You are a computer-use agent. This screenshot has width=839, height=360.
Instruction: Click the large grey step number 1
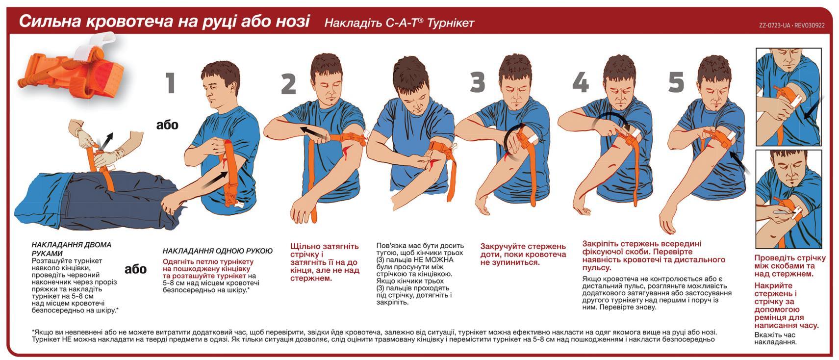(171, 83)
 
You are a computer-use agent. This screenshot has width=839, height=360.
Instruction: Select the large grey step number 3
(478, 82)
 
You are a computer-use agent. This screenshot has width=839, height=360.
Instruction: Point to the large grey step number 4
(581, 82)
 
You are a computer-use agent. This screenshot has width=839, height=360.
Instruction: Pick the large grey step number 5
(676, 82)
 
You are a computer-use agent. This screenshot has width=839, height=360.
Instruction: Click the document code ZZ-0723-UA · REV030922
(792, 26)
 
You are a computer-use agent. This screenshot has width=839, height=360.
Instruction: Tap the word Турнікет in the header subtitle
(451, 23)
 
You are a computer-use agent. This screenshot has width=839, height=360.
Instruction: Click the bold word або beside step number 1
(167, 125)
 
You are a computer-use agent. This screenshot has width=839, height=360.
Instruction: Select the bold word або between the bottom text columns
(135, 269)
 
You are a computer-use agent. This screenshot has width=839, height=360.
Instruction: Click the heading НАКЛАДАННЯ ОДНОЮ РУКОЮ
(218, 251)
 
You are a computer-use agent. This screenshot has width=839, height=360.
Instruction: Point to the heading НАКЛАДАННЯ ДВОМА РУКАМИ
(71, 249)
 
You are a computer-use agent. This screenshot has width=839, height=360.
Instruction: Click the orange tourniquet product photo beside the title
(72, 68)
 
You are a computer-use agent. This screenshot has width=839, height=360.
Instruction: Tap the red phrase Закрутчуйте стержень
(523, 247)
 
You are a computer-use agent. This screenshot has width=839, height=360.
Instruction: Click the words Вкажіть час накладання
(775, 338)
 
